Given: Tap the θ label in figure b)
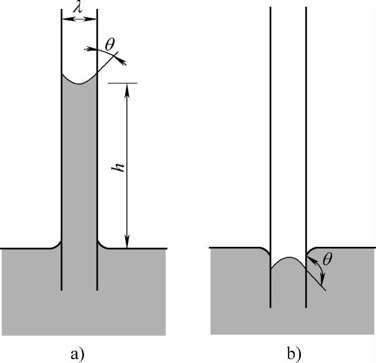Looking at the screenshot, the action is point(326,260).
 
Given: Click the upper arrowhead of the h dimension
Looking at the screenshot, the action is point(128,88).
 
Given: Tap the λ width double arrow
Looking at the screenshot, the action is point(79,19).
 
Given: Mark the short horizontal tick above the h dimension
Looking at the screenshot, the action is point(122,83).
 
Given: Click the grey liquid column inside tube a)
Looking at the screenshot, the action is point(79,167).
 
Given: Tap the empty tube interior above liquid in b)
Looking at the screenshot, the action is point(288,139).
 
